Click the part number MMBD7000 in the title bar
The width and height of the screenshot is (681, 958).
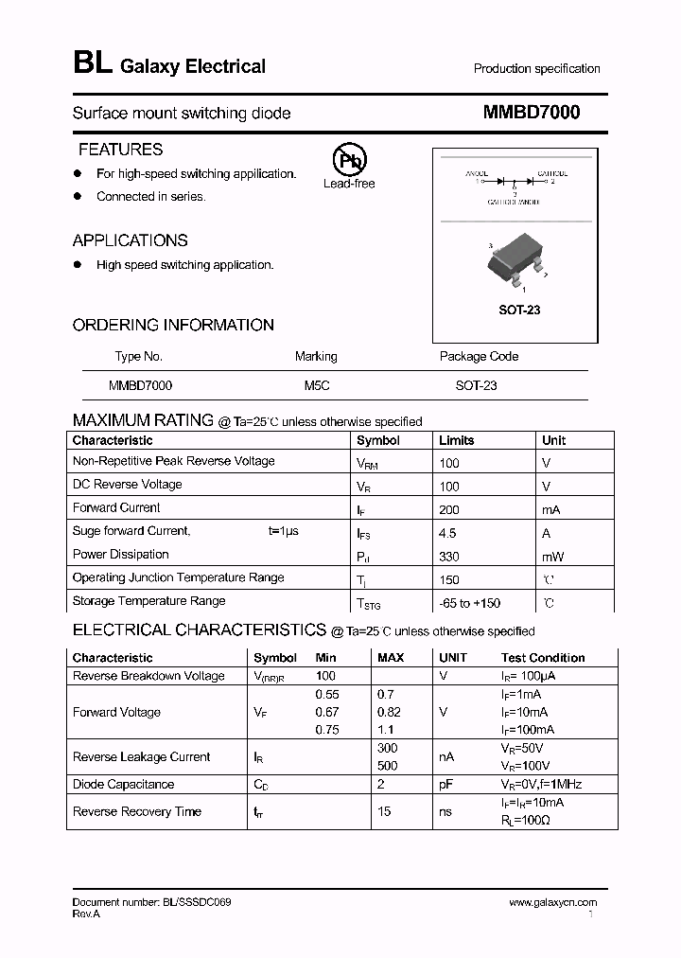(x=532, y=112)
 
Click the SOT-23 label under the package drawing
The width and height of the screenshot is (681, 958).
(x=518, y=310)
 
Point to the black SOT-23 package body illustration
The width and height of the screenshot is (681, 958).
(x=515, y=259)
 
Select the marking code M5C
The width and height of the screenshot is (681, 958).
(x=317, y=385)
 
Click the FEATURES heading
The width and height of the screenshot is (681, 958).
(x=120, y=150)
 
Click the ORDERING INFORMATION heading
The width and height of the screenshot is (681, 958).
(x=173, y=325)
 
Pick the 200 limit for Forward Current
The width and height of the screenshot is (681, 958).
(x=449, y=509)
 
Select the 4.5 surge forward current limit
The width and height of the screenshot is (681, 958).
(x=448, y=533)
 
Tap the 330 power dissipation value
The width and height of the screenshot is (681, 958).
(x=449, y=557)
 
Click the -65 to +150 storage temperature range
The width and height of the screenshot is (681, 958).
(x=470, y=603)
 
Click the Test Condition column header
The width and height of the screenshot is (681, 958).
(x=543, y=657)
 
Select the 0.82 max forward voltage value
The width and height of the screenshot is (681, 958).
(x=390, y=712)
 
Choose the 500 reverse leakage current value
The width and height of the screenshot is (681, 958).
(x=387, y=766)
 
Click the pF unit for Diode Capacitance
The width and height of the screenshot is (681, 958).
(x=446, y=784)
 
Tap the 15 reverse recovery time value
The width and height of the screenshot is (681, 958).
(x=385, y=811)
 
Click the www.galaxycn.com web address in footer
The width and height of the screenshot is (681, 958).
(x=553, y=903)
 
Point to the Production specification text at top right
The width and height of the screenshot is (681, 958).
(x=536, y=68)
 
